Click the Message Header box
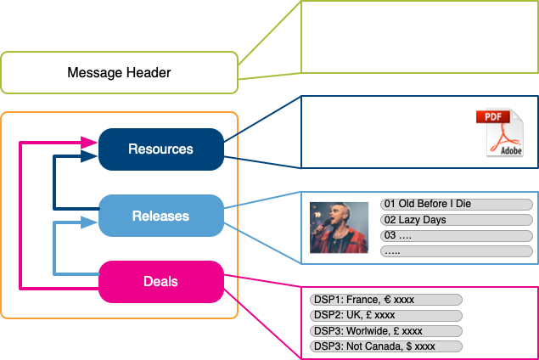tap(119, 72)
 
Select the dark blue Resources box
tap(161, 149)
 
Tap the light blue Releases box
tap(161, 216)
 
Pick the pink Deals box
tap(161, 282)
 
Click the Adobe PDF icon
tap(500, 132)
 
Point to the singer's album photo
tap(339, 228)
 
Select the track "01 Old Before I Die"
tap(457, 204)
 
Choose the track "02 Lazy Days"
tap(457, 220)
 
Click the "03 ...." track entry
tap(457, 235)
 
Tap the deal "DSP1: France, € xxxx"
tap(386, 300)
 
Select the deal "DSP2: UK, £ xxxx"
tap(386, 315)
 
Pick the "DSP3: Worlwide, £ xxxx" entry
tap(386, 331)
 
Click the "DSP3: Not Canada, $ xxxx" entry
tap(386, 346)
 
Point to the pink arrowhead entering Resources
tap(89, 143)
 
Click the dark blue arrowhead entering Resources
tap(89, 156)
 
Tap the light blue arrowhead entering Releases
tap(89, 222)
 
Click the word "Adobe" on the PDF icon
tap(511, 150)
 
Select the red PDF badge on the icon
tap(493, 117)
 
